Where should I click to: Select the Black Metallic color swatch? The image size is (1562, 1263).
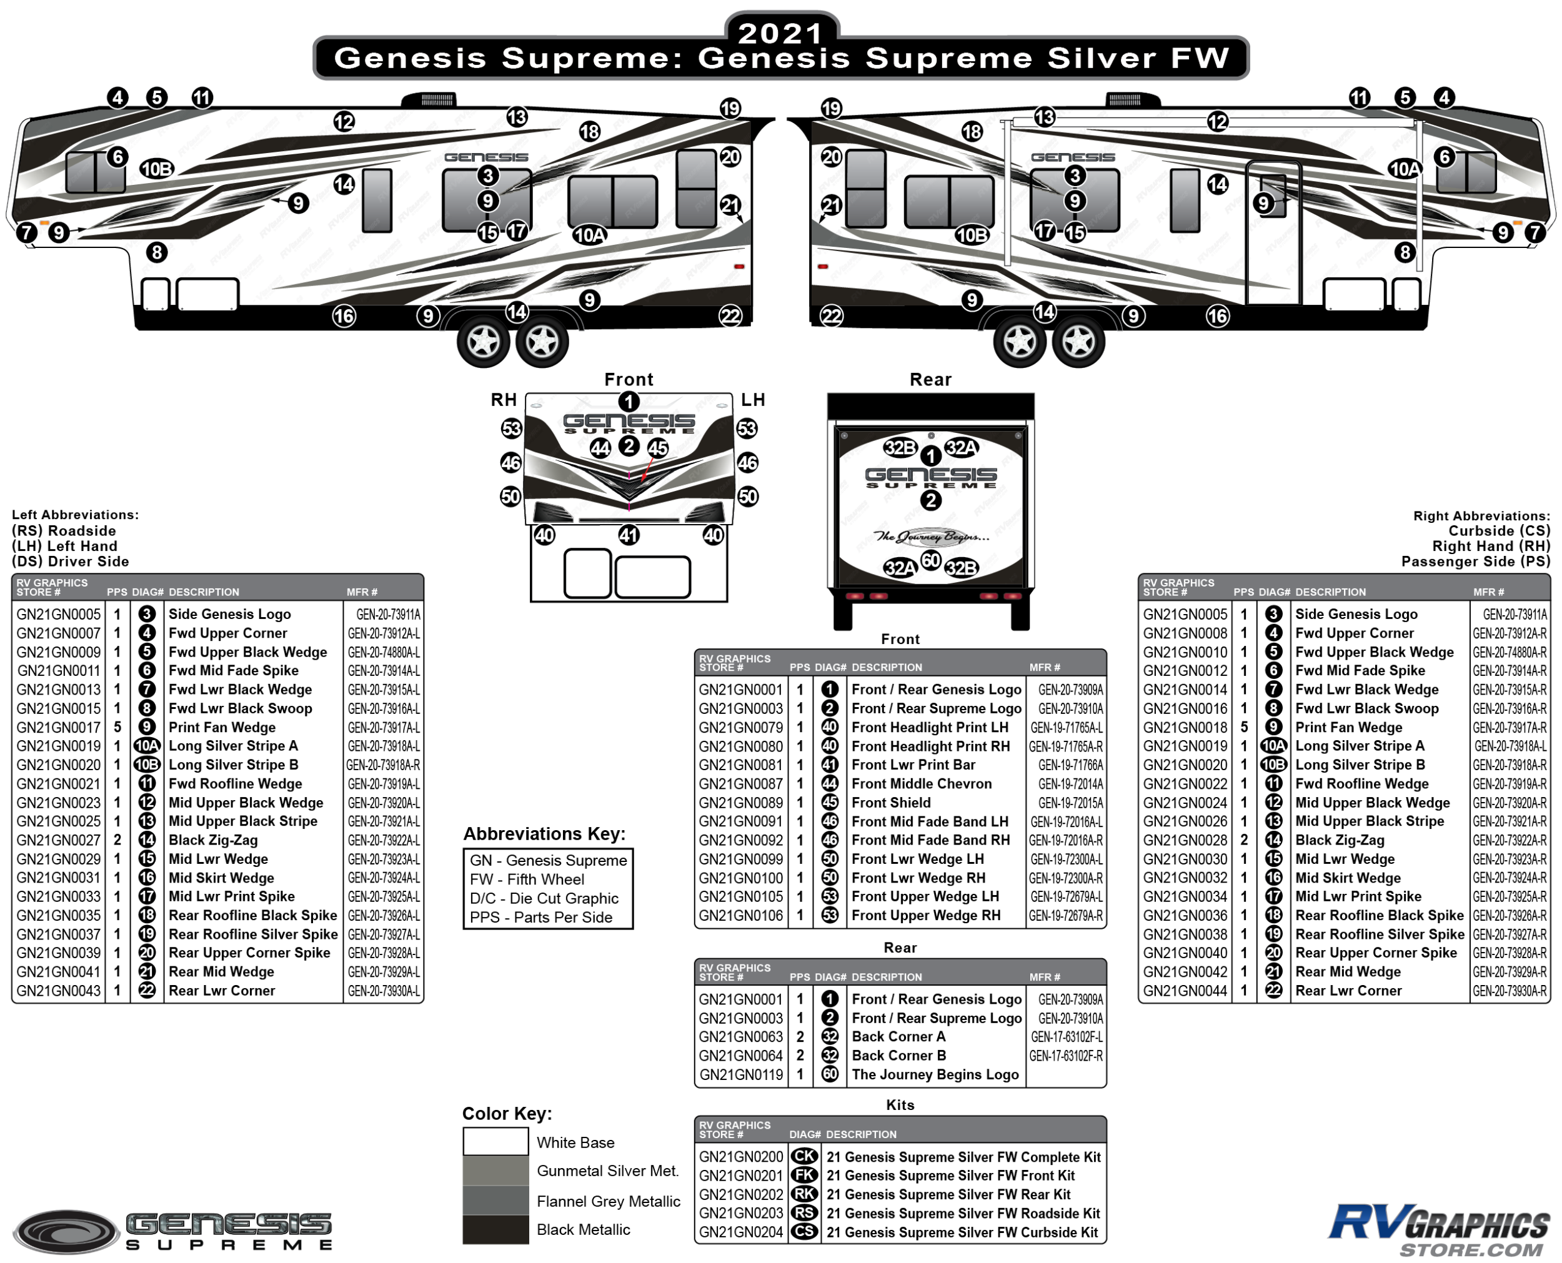(x=495, y=1229)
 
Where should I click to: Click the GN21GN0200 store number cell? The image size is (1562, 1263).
(x=740, y=1156)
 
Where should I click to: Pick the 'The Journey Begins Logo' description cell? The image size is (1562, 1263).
(x=935, y=1074)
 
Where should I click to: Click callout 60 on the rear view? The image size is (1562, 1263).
(x=930, y=560)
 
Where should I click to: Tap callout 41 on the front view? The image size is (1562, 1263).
(x=629, y=535)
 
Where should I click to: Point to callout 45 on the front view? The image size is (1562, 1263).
(x=658, y=447)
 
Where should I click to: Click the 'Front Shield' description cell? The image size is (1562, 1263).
(x=891, y=802)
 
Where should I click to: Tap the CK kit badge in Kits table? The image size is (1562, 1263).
(x=804, y=1156)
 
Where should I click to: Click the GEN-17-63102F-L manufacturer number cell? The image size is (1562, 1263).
(x=1066, y=1036)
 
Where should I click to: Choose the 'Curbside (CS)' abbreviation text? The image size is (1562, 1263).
(x=1499, y=530)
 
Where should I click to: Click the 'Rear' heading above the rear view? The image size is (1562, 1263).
(x=930, y=379)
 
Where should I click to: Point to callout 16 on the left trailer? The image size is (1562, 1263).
(x=344, y=316)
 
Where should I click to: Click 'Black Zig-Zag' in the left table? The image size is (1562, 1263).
(x=213, y=840)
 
